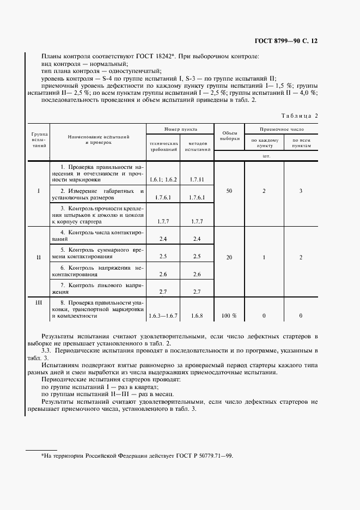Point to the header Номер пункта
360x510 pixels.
(181, 129)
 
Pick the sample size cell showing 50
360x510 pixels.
(229, 191)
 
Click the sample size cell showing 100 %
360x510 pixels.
(229, 315)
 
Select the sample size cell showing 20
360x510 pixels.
(229, 257)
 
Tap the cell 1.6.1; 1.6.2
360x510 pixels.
(163, 179)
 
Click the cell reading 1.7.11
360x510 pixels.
(197, 179)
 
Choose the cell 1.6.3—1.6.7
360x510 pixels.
(163, 315)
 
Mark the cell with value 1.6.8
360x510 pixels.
(197, 315)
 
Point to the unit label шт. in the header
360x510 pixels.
(266, 155)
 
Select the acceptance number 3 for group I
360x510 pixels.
(301, 191)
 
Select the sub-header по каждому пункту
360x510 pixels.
(265, 143)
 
